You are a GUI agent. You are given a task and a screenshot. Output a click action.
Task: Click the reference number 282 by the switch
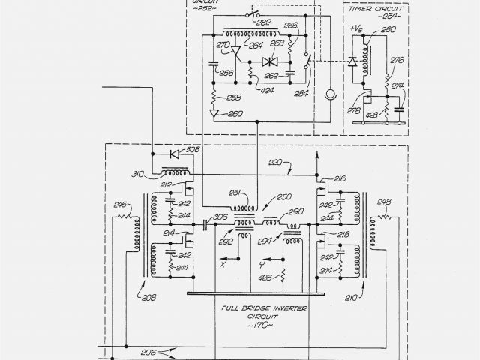(x=263, y=23)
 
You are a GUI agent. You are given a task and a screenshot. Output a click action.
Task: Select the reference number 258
(x=234, y=97)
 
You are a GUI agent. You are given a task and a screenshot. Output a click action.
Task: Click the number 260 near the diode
(x=235, y=114)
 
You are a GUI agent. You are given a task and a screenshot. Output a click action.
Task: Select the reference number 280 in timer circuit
(x=388, y=29)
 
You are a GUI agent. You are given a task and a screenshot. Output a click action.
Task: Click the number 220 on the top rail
(x=276, y=162)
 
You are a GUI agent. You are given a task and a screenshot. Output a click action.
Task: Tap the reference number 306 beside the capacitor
(x=220, y=217)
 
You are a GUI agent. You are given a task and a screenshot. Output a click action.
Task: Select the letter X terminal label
(x=223, y=264)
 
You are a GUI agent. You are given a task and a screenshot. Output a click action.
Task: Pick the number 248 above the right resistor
(x=384, y=202)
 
